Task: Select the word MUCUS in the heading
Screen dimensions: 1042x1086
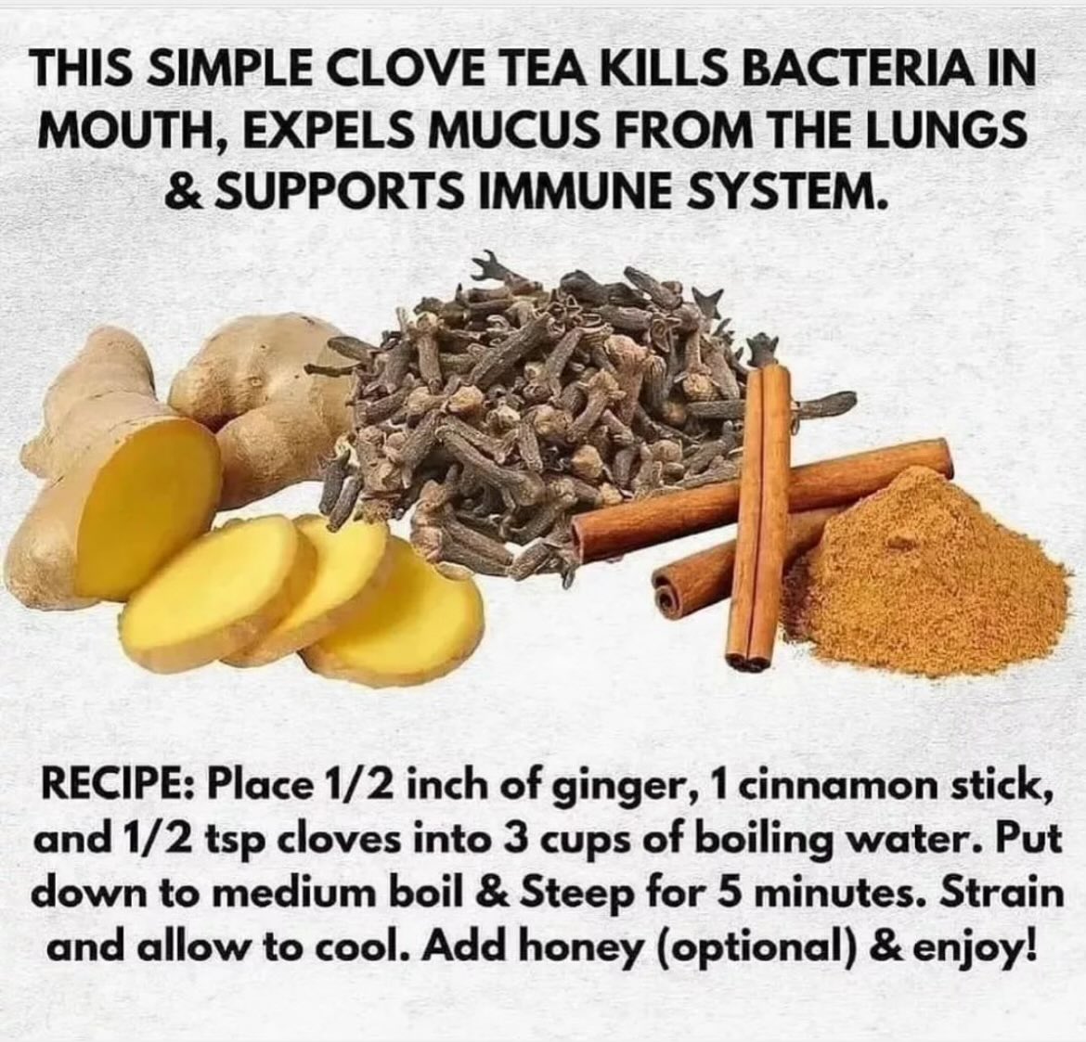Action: coord(504,133)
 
